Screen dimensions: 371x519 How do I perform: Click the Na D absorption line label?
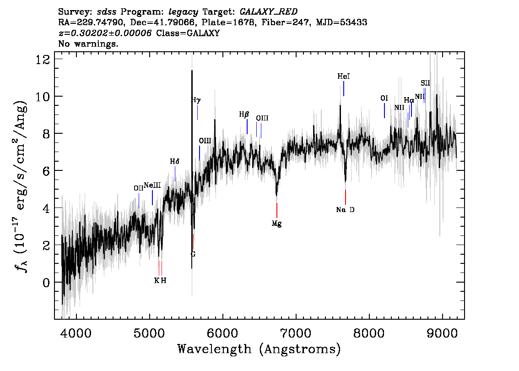(345, 210)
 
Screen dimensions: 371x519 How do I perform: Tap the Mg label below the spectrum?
(276, 224)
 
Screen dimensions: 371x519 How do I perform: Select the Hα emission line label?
(409, 100)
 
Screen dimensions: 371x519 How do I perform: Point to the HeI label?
(343, 77)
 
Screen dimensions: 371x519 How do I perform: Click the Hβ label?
(244, 115)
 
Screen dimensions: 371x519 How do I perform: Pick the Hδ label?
(175, 162)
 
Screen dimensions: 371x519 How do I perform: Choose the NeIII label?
(152, 185)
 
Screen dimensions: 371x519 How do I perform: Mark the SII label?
(425, 83)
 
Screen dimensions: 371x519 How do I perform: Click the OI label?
(384, 98)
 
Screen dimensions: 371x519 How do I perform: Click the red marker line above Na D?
(345, 197)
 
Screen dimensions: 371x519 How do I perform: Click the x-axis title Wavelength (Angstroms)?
(259, 349)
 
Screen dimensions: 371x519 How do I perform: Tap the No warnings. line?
(88, 44)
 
